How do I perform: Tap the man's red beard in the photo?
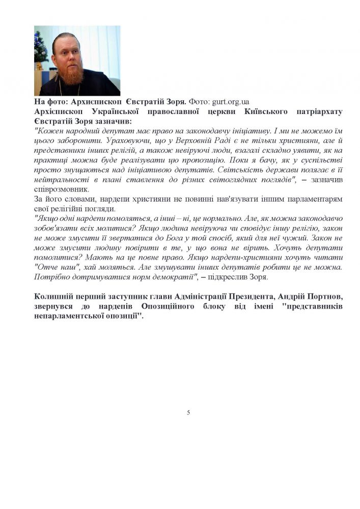point(75,74)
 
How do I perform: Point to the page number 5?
point(188,412)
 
